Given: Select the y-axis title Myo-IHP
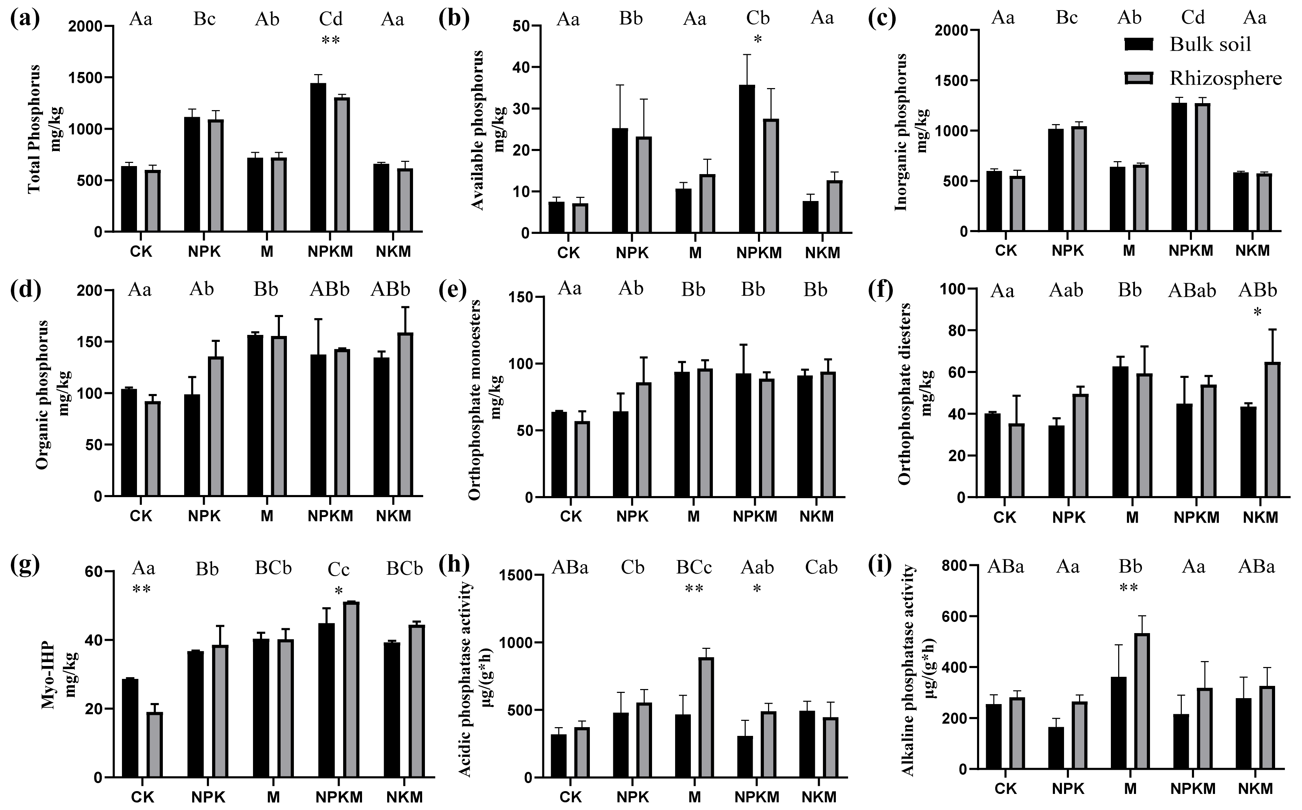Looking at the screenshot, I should coord(49,675).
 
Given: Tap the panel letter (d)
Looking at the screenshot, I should coord(24,289).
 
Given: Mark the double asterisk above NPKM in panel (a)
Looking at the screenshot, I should coord(330,40).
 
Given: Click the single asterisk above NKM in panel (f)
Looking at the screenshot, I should coord(1258,312).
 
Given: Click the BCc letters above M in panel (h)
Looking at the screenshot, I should coord(694,567).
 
